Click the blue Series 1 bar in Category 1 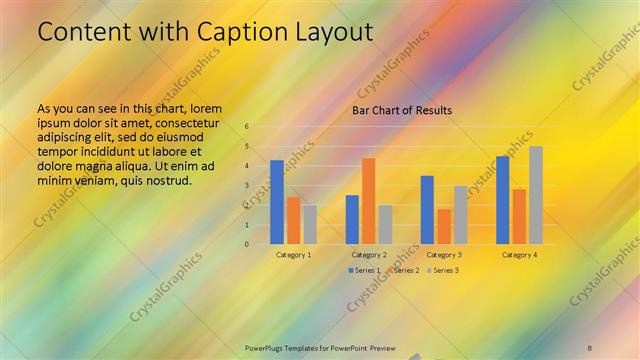click(x=277, y=202)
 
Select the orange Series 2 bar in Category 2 click(x=369, y=201)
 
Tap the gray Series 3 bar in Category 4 click(x=536, y=195)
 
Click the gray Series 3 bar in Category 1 click(x=310, y=224)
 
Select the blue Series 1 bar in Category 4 click(x=503, y=200)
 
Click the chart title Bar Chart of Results click(x=402, y=110)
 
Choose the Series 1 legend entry click(x=362, y=271)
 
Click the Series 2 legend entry click(x=402, y=271)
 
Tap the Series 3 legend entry click(x=442, y=271)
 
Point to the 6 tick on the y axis click(x=246, y=127)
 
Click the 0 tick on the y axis click(x=246, y=244)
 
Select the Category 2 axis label click(x=369, y=255)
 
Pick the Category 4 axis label click(x=519, y=255)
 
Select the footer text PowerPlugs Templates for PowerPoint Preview click(x=320, y=348)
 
